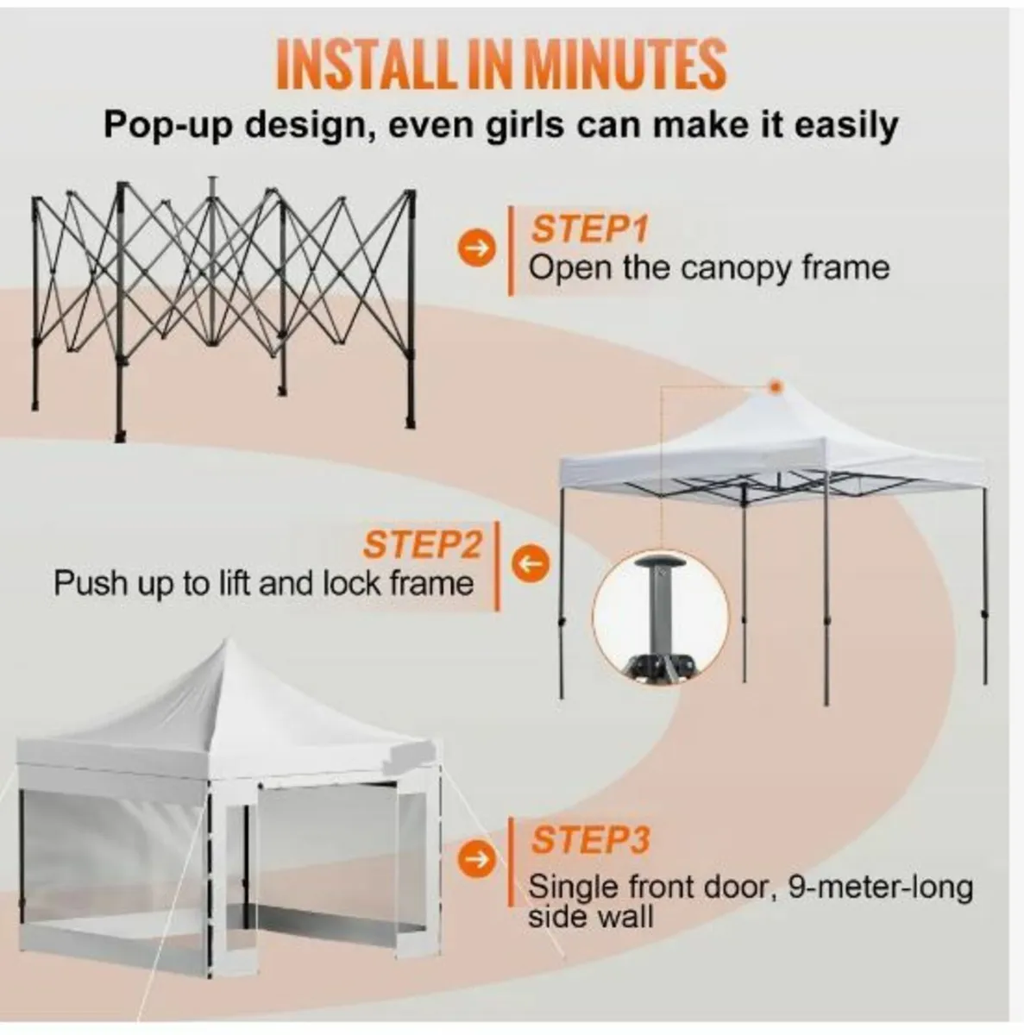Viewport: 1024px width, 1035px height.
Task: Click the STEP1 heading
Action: point(588,229)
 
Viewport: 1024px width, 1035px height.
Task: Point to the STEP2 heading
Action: point(422,545)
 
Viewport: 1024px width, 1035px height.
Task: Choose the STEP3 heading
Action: point(590,839)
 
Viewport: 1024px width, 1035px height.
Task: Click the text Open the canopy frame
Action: point(708,268)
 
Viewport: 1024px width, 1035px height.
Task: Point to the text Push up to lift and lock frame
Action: point(264,584)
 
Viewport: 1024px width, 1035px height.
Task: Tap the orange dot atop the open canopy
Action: point(775,386)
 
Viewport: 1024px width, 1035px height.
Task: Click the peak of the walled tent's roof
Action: point(226,649)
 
